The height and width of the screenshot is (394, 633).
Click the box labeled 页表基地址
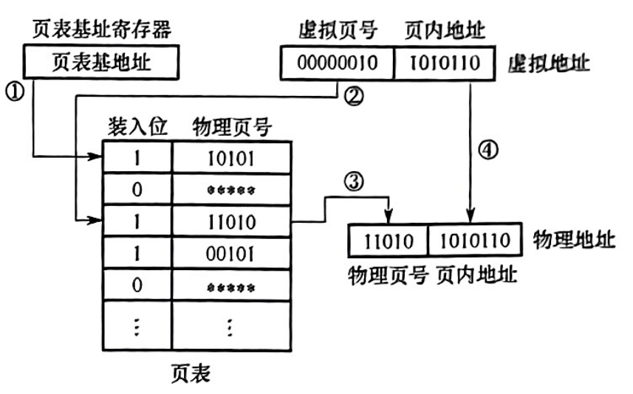pyautogui.click(x=103, y=62)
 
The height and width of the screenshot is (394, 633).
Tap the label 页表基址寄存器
pyautogui.click(x=103, y=30)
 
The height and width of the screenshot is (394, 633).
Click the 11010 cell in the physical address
pyautogui.click(x=388, y=241)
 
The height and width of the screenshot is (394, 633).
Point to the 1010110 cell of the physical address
pyautogui.click(x=471, y=241)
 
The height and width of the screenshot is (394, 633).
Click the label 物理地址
pyautogui.click(x=574, y=241)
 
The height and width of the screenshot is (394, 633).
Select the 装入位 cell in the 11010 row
pyautogui.click(x=136, y=220)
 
